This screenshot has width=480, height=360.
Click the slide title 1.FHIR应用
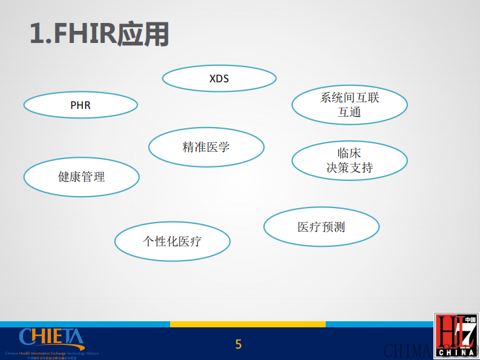pos(99,34)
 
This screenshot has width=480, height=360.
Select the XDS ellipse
pos(219,78)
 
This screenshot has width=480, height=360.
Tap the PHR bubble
pos(81,105)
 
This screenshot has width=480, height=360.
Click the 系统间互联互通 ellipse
pos(349,105)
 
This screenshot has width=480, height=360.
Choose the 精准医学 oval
pos(206,147)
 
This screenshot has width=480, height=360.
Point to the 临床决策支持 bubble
pos(349,160)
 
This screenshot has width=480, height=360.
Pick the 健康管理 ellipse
pos(82,177)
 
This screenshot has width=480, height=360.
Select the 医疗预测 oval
pos(321,227)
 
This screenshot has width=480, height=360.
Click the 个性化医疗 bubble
pos(173,241)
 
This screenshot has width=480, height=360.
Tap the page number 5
pos(238,344)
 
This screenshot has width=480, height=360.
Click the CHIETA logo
pos(51,338)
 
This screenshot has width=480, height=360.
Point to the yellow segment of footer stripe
pos(248,324)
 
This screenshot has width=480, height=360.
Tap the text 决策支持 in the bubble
pos(349,168)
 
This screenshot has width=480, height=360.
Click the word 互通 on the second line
pos(349,112)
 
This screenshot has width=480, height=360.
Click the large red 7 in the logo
pos(466,332)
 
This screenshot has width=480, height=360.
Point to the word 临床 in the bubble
pos(349,153)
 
